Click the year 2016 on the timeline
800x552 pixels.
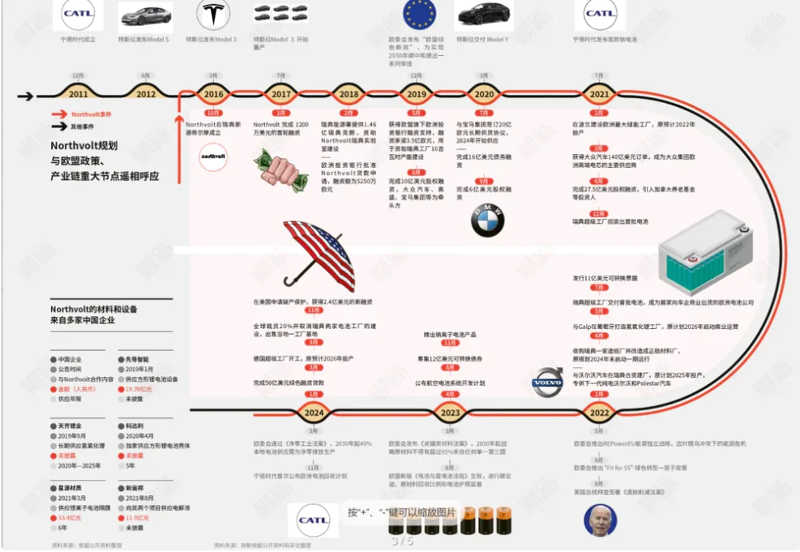click(x=214, y=94)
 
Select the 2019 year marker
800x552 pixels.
click(x=416, y=94)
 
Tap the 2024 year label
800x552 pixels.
click(x=312, y=412)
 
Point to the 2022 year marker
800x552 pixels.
click(x=600, y=412)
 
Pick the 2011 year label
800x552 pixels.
click(x=79, y=94)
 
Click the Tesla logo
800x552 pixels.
click(x=212, y=15)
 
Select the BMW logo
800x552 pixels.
click(x=487, y=219)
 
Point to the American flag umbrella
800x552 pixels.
click(x=320, y=255)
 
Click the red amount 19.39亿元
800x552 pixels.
click(x=139, y=389)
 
